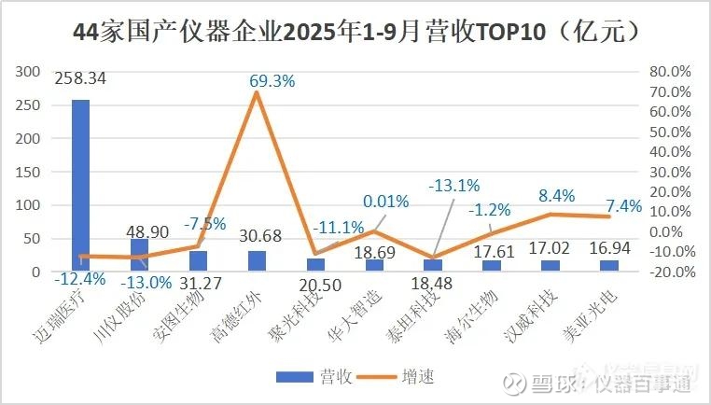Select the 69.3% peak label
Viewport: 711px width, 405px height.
click(272, 81)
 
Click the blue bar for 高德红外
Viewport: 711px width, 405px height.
click(257, 261)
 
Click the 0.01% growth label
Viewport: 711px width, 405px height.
click(385, 201)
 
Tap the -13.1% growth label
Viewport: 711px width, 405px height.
click(453, 185)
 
